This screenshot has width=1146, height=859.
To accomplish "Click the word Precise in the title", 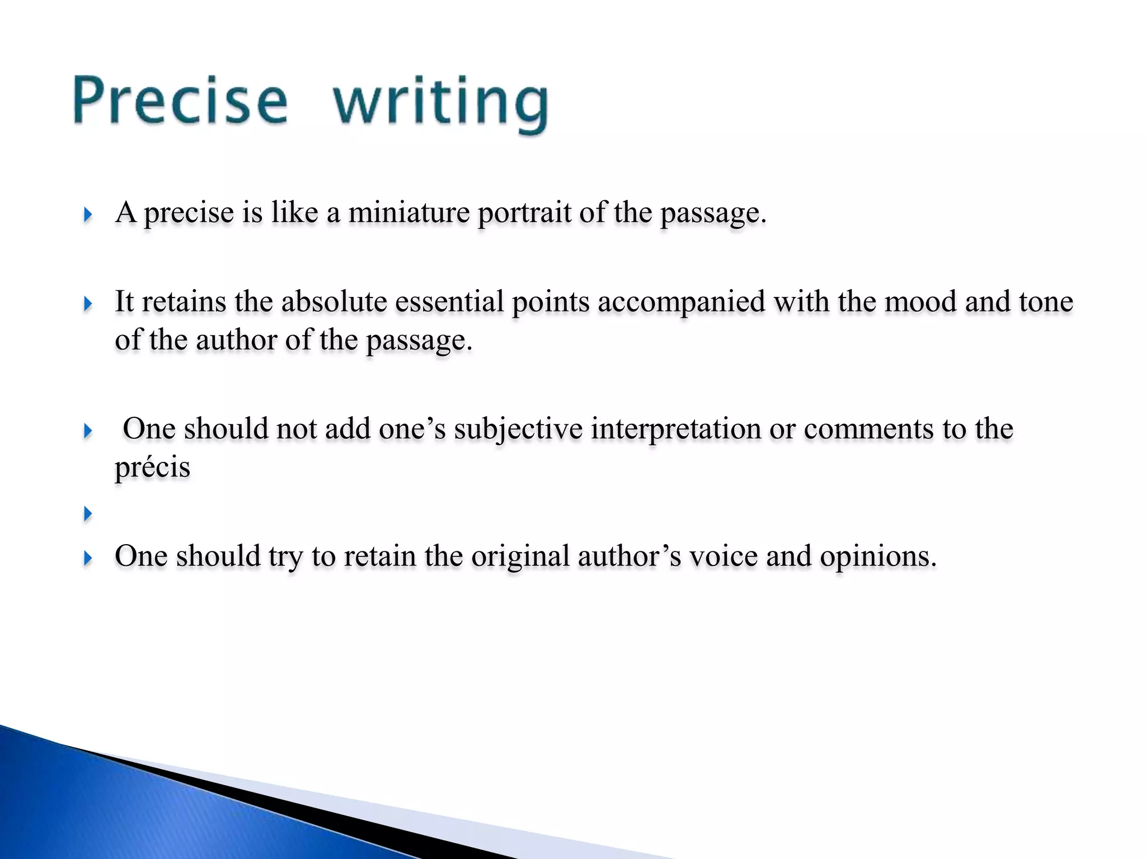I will click(x=180, y=101).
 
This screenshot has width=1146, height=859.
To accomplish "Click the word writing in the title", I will click(x=441, y=103).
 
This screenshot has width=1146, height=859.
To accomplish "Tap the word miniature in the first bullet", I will click(x=408, y=213).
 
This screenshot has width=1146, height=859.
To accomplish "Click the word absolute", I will click(x=334, y=302).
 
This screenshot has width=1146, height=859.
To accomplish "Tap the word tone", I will click(x=1046, y=302).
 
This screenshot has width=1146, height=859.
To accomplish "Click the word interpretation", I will click(x=676, y=429).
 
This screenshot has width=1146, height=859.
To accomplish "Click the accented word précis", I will click(x=152, y=468).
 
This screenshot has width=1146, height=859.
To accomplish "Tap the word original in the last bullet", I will click(x=520, y=556).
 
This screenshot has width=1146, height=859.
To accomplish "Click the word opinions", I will click(x=877, y=556).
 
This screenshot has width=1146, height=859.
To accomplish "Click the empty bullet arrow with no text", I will click(x=87, y=513).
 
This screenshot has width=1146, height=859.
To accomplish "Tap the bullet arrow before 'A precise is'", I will click(x=87, y=214).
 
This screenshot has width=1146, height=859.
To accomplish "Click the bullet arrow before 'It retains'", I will click(x=87, y=304).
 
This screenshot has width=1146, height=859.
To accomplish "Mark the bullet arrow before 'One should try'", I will click(x=87, y=558).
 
